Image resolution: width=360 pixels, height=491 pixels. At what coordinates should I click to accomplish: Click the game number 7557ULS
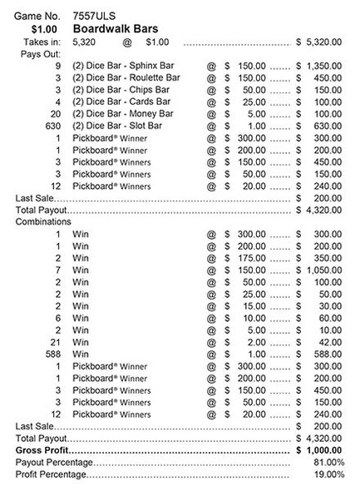coord(94,15)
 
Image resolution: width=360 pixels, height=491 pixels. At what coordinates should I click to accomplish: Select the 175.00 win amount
coord(249,260)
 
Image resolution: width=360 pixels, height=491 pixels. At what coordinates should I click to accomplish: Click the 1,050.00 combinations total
coord(324,271)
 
